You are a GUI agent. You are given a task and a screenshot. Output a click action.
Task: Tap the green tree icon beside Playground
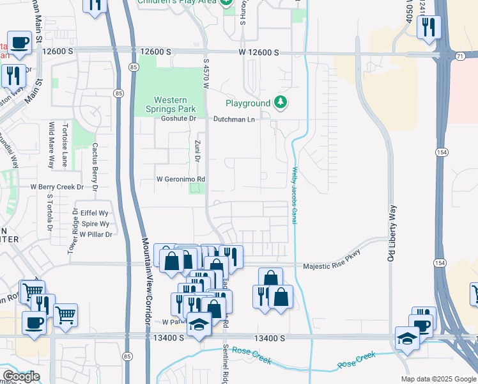tap(280, 102)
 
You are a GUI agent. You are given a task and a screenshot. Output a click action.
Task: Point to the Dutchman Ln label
tap(234, 119)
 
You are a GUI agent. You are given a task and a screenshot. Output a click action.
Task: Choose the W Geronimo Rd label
tap(181, 179)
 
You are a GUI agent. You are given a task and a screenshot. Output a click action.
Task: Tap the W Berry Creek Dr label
tap(58, 187)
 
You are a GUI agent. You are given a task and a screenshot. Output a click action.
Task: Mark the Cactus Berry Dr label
tap(95, 166)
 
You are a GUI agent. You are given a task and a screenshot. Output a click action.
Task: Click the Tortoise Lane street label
tap(65, 144)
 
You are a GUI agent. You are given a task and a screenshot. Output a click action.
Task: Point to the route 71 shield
tap(459, 56)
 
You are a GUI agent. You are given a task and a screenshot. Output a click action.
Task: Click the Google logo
tap(21, 376)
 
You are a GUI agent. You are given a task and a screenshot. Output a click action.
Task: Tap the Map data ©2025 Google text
tap(438, 379)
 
